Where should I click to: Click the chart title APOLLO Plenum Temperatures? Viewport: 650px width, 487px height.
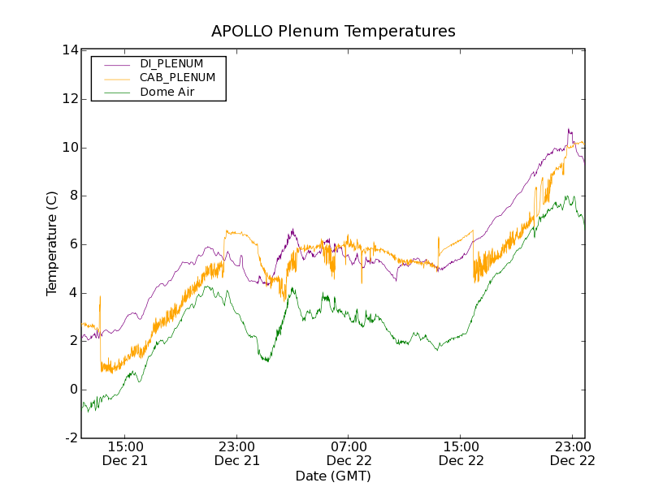tap(333, 32)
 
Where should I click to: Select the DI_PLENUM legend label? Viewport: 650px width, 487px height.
tap(171, 63)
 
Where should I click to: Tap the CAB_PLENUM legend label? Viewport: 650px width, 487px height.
tap(177, 78)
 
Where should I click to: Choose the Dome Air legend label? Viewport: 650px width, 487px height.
tap(167, 93)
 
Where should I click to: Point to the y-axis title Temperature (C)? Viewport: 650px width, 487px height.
tap(52, 243)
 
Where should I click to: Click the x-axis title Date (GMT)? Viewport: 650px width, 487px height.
tap(333, 476)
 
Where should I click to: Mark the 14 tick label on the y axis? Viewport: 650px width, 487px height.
tap(69, 50)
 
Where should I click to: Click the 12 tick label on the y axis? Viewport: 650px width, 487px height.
tap(69, 99)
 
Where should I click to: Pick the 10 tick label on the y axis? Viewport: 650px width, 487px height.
tap(69, 147)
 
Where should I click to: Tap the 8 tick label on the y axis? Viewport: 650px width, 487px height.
tap(73, 196)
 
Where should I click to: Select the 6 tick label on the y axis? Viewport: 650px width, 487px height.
tap(73, 244)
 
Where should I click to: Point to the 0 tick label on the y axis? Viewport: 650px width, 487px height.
tap(73, 390)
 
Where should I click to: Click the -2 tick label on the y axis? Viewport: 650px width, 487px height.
tap(71, 438)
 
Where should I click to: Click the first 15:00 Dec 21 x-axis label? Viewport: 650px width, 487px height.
tap(125, 453)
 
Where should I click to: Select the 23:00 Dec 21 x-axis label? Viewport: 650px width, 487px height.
tap(237, 453)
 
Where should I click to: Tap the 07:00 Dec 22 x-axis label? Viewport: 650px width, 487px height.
tap(349, 453)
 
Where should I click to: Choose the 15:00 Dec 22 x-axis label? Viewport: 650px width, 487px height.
tap(461, 453)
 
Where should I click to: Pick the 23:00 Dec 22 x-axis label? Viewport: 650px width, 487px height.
tap(572, 453)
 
